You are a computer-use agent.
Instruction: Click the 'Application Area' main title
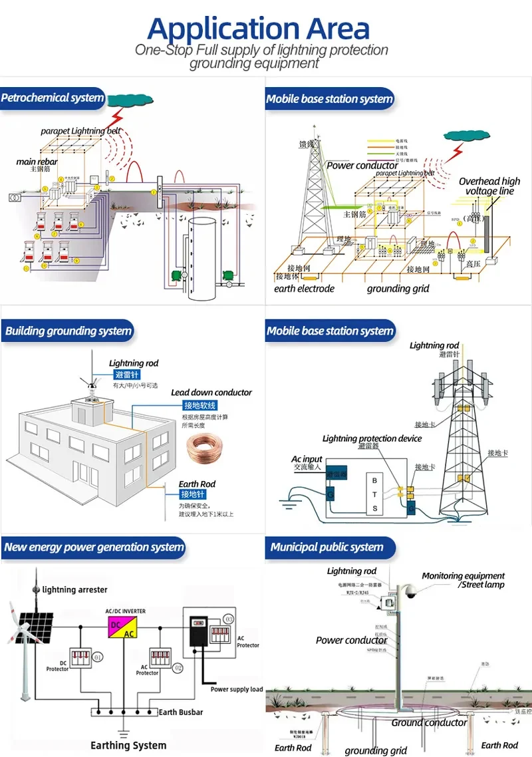click(258, 29)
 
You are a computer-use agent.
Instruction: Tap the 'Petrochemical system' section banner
click(53, 98)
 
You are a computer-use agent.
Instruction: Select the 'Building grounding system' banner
click(68, 331)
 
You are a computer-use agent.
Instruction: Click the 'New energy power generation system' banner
click(93, 547)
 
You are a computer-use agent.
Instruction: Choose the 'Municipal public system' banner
click(327, 547)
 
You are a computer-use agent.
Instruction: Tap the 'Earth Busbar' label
click(180, 712)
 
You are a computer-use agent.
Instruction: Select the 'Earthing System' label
click(128, 745)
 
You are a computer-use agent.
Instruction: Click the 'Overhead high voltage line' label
click(489, 186)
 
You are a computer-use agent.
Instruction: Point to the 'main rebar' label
click(37, 162)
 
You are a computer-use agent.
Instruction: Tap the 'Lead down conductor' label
click(211, 392)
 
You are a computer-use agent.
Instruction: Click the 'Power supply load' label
click(237, 689)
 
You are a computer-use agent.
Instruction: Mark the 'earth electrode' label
click(304, 289)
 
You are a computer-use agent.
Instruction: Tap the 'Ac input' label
click(307, 459)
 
